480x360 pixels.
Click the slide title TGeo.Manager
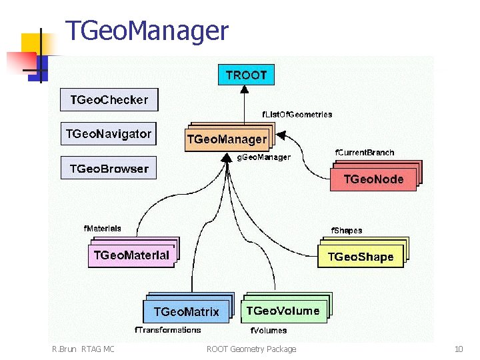click(146, 31)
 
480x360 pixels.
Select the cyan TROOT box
click(246, 75)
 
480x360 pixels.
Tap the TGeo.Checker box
click(109, 100)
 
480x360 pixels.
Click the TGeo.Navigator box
click(108, 134)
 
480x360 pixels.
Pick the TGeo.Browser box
click(109, 169)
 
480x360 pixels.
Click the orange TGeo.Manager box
click(227, 140)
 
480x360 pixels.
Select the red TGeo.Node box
click(373, 179)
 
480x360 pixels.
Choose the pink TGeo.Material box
click(131, 255)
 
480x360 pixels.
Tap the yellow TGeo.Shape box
click(361, 257)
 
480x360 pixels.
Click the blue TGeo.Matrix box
click(186, 311)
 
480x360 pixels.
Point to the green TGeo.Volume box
click(283, 311)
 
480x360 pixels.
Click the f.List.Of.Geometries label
click(297, 115)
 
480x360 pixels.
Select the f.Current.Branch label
click(364, 153)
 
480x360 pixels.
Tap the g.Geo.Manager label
click(264, 157)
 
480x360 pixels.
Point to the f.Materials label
click(103, 228)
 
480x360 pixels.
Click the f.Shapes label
click(347, 231)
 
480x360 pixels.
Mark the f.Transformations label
click(168, 330)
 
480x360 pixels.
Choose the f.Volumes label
click(269, 330)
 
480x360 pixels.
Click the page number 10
click(459, 349)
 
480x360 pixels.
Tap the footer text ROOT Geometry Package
click(251, 349)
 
